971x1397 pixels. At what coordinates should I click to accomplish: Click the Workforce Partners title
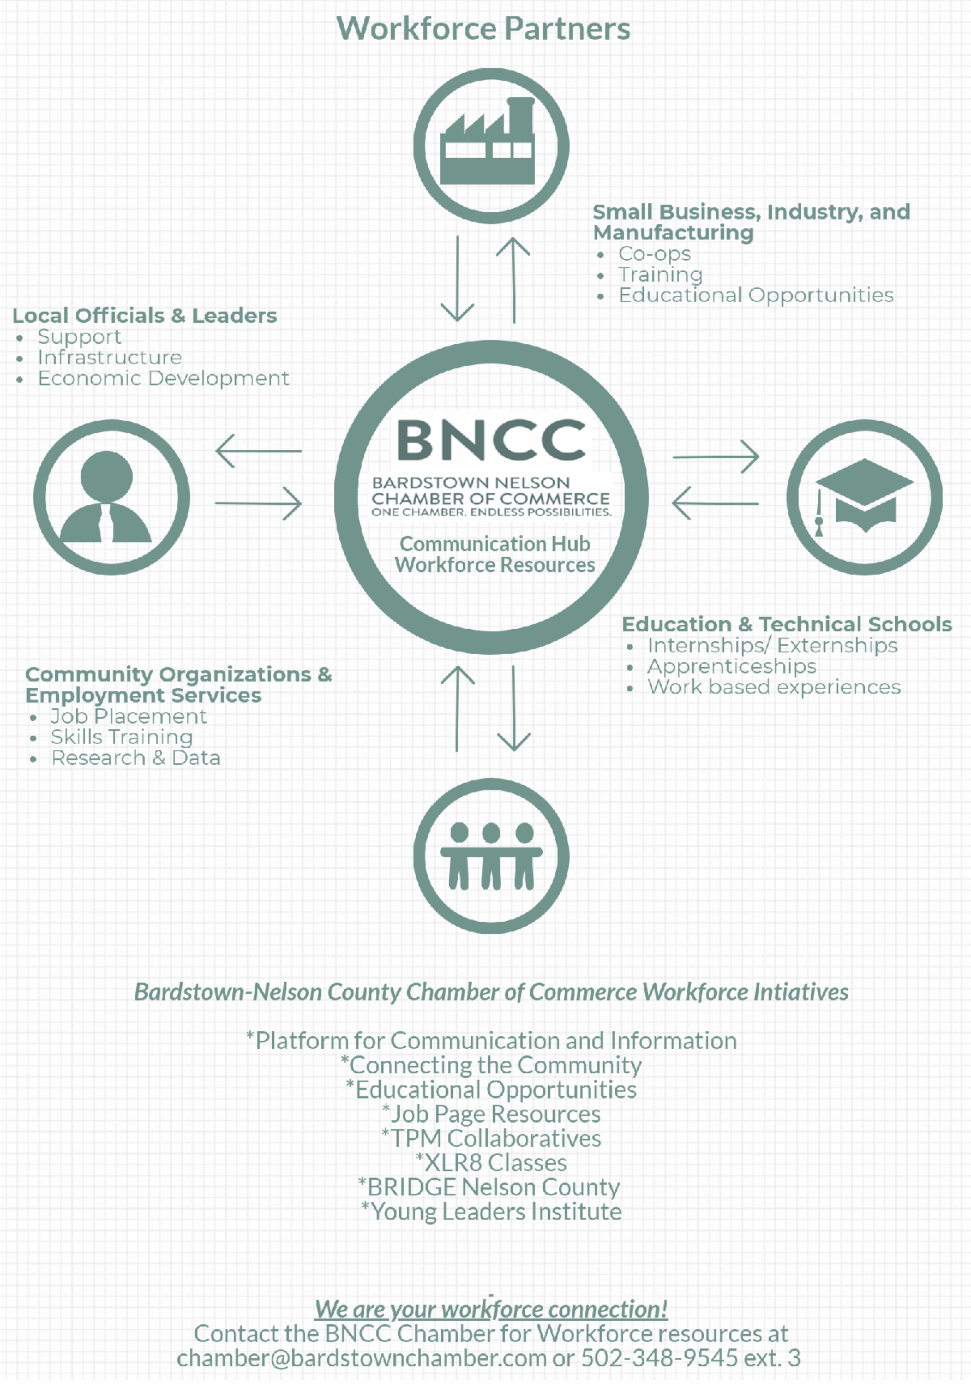click(x=483, y=29)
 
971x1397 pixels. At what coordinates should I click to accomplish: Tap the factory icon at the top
click(x=490, y=146)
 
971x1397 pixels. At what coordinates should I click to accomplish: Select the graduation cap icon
click(x=864, y=497)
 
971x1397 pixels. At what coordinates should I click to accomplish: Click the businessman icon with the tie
click(x=111, y=497)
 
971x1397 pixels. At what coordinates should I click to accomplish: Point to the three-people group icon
click(x=491, y=856)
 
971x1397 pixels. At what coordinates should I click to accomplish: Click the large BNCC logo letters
click(x=490, y=439)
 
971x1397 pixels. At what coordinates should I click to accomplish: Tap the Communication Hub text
click(x=494, y=544)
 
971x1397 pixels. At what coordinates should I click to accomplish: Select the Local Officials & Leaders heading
click(x=145, y=316)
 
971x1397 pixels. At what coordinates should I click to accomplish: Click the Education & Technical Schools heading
click(x=787, y=624)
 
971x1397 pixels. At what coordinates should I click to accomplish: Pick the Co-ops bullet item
click(x=655, y=254)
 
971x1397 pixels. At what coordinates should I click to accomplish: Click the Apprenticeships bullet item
click(x=731, y=666)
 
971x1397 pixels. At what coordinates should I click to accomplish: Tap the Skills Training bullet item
click(x=121, y=737)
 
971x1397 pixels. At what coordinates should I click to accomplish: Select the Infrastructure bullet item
click(x=110, y=358)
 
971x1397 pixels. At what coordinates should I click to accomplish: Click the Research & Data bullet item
click(x=135, y=758)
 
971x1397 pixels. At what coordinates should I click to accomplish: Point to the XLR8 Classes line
click(x=491, y=1163)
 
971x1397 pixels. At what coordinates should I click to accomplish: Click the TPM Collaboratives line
click(x=491, y=1139)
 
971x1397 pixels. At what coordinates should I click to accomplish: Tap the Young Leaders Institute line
click(x=491, y=1212)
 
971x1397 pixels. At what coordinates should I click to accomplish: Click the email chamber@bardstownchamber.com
click(x=362, y=1358)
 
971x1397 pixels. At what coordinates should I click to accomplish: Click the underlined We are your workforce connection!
click(x=491, y=1309)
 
